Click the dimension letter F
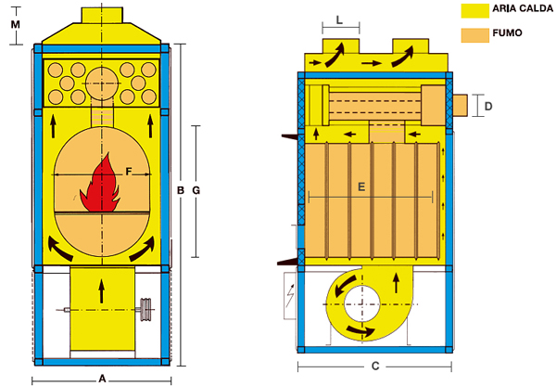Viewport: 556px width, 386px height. (x=129, y=170)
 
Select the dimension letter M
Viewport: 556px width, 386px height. (x=15, y=23)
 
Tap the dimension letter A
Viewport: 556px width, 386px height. (x=102, y=378)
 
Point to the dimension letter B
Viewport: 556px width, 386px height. (x=180, y=190)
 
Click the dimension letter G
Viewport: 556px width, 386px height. (x=196, y=190)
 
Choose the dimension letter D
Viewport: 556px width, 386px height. (x=488, y=107)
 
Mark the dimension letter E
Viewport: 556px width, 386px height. (x=361, y=187)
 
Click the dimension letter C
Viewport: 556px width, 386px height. (x=374, y=365)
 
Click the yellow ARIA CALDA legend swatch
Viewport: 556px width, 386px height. (x=474, y=10)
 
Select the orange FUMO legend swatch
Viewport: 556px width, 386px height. (x=474, y=37)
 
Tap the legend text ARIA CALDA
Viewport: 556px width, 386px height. (x=522, y=9)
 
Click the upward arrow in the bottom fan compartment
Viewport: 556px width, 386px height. (x=101, y=288)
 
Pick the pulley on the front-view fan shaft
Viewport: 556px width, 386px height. (x=145, y=310)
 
